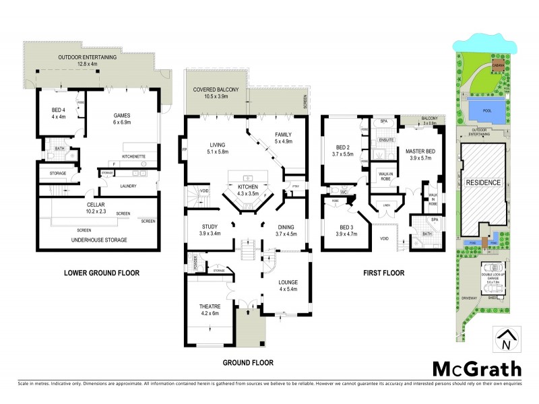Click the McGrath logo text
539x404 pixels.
tap(477, 368)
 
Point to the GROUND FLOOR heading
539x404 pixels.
tap(248, 362)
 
